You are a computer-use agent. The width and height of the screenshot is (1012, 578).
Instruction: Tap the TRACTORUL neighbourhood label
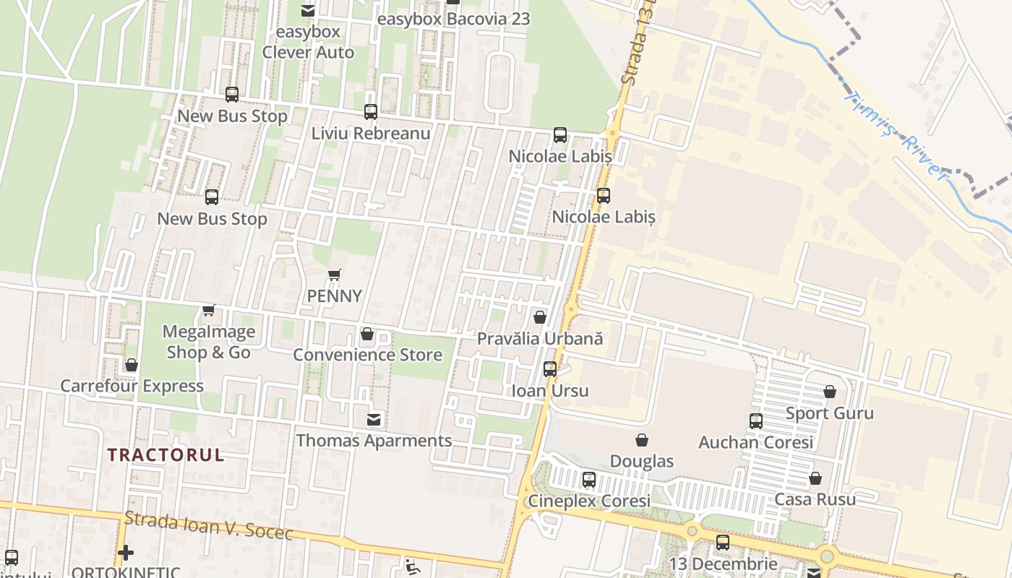tap(166, 455)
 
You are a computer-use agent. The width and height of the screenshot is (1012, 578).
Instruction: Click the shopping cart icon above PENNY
tap(334, 275)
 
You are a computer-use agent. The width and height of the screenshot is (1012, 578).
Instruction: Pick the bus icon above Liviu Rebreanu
tap(371, 112)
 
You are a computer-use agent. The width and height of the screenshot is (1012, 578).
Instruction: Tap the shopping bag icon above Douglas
tap(642, 440)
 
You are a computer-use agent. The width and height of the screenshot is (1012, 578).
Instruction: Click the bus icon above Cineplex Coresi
tap(589, 479)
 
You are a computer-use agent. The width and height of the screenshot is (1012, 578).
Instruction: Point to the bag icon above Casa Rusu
tap(815, 478)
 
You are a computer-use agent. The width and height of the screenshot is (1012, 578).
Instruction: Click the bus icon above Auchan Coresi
tap(756, 421)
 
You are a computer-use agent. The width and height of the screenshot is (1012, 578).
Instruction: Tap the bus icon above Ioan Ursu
tap(550, 369)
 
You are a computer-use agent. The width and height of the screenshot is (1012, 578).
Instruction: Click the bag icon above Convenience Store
tap(367, 335)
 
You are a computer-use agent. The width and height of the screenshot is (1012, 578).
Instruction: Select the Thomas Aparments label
tap(374, 440)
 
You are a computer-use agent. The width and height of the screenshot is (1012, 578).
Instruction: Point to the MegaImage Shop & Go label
tap(209, 342)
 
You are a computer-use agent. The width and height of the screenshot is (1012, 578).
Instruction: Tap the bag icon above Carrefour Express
tap(132, 365)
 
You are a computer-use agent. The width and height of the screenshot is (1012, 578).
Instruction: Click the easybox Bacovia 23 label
tap(454, 19)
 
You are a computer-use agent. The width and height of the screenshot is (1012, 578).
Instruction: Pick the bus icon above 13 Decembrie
tap(723, 543)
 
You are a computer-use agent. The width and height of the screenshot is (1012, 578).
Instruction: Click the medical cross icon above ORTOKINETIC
tap(126, 553)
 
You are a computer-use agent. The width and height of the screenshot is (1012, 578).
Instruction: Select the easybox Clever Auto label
tap(309, 42)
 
